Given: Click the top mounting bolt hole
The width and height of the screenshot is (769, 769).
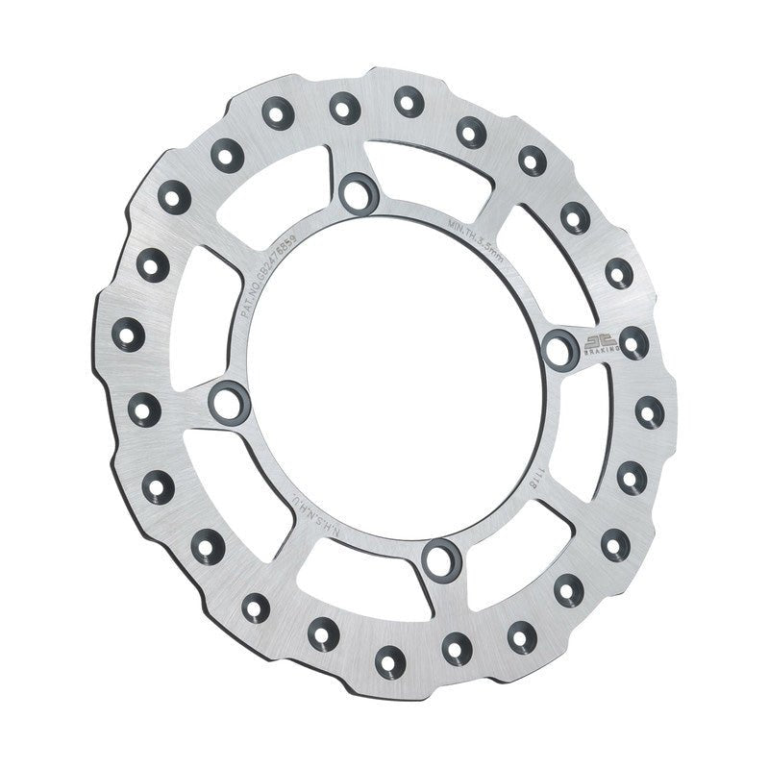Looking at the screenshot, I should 359,189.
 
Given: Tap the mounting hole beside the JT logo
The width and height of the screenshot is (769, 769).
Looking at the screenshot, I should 560,349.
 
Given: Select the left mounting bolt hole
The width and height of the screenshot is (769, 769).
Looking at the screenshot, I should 228,400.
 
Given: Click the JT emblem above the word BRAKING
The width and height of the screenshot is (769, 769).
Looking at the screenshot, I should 596,339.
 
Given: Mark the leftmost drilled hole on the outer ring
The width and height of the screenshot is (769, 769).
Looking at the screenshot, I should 130,334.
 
